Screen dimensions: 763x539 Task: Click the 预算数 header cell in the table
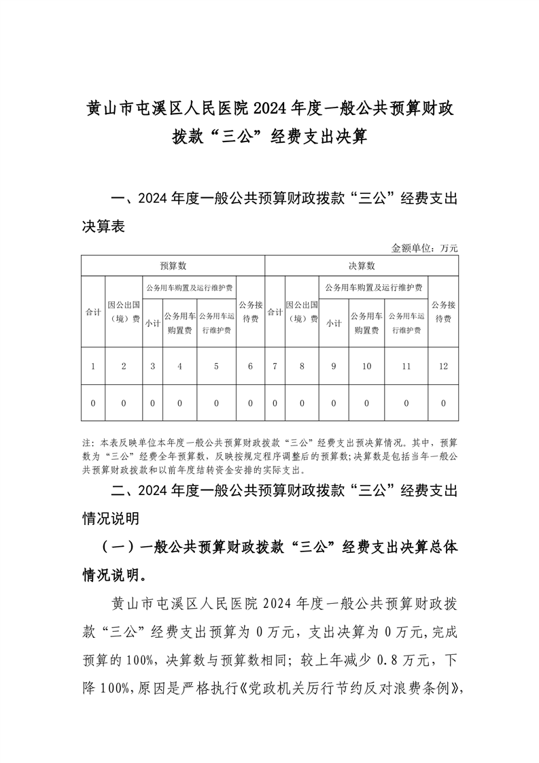173,265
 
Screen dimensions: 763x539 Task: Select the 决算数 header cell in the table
362,265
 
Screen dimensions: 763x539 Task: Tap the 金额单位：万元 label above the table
425,248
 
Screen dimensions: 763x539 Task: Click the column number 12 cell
443,367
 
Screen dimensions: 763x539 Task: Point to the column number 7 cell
275,367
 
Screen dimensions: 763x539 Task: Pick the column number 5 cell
216,367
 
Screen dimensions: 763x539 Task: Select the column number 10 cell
366,367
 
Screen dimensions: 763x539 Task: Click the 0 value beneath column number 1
92,403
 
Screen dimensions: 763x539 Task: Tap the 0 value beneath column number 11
406,403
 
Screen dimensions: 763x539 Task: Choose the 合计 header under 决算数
275,312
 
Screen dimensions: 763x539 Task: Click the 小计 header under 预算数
152,324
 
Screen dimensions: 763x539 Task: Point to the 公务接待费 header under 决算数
443,312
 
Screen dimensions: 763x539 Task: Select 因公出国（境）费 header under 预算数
124,312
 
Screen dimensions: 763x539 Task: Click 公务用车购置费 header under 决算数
366,324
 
